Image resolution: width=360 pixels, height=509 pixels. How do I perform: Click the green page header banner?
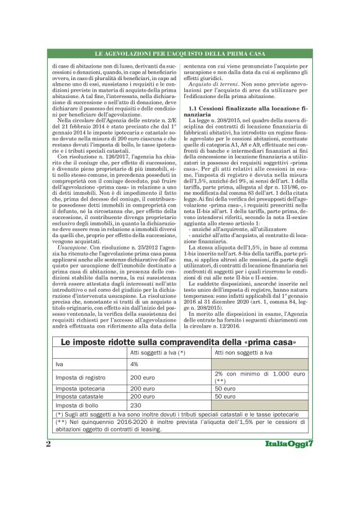179,56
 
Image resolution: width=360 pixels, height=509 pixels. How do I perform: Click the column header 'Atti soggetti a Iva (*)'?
158,353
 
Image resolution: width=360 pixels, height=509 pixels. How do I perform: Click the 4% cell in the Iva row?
134,364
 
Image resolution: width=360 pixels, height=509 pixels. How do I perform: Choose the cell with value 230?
136,405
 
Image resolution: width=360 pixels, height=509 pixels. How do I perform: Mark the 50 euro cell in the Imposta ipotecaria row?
225,388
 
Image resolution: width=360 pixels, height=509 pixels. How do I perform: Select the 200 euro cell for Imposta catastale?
142,396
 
